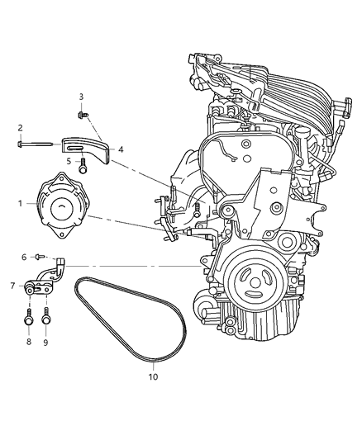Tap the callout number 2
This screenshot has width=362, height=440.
(x=20, y=128)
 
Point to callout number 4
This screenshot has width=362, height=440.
(x=121, y=149)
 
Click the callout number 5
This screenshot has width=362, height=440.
(x=69, y=162)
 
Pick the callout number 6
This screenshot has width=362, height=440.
(x=24, y=258)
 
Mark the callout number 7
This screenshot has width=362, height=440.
(x=12, y=286)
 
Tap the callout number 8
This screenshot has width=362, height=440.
(x=28, y=340)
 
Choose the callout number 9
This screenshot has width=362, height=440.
(x=47, y=340)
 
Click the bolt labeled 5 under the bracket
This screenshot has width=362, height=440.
(x=83, y=168)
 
